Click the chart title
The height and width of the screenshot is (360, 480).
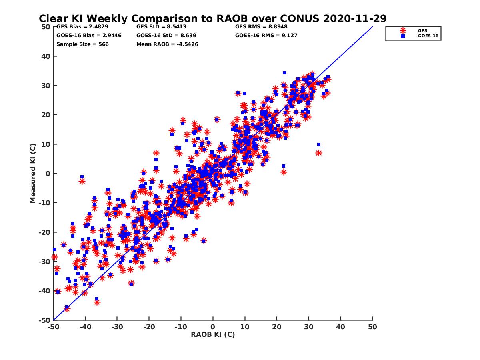[212, 18]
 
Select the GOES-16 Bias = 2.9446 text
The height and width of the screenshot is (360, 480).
[89, 35]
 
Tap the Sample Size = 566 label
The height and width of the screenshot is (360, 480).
[82, 44]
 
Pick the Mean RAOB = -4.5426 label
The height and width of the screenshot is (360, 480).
[167, 44]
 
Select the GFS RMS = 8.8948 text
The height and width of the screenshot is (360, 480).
[261, 27]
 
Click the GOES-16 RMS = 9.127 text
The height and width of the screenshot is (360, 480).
[266, 35]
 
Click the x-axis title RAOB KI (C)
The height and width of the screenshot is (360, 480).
[213, 334]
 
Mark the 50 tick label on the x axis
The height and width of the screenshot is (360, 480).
[372, 326]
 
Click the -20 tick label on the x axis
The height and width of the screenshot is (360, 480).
[149, 326]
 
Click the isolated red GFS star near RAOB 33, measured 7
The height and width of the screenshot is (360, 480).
[319, 153]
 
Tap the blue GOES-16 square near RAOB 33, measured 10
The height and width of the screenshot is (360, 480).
[319, 144]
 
